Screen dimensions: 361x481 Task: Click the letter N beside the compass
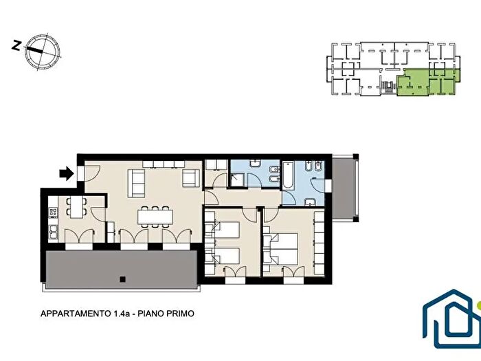[x=16, y=46]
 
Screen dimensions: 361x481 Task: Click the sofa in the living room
[x=137, y=182]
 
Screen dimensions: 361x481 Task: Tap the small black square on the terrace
[x=122, y=278]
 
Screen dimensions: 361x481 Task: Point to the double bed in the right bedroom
[x=284, y=248]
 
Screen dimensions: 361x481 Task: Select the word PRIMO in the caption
[x=180, y=314]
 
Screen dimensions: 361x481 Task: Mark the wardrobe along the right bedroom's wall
[x=319, y=241]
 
